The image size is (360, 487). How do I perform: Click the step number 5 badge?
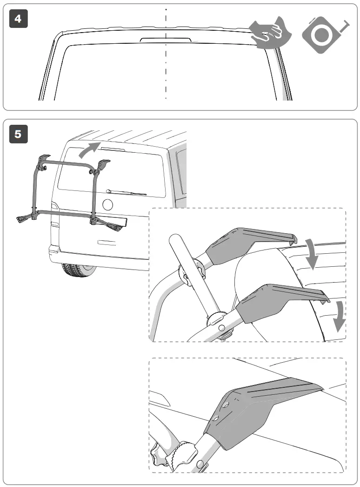18,134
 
